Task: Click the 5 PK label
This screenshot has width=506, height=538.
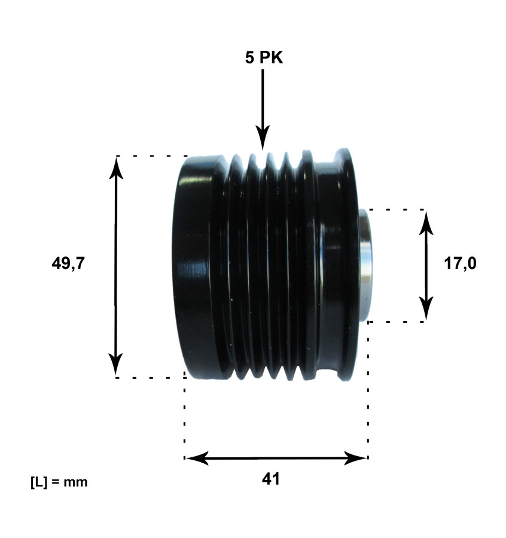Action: (263, 58)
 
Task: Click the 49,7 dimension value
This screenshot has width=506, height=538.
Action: (68, 264)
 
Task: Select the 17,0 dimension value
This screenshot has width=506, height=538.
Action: (460, 264)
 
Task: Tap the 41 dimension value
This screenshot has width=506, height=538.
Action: (270, 479)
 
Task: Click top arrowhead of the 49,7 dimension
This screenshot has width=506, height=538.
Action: (116, 167)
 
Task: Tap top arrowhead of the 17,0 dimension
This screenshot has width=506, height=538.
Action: (425, 221)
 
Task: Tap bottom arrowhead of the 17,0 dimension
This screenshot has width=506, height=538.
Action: (425, 310)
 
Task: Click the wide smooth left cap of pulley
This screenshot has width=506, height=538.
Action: (197, 266)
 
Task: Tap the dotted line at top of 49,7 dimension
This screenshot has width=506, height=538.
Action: (150, 156)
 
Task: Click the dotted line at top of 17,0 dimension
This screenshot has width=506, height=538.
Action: (395, 210)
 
